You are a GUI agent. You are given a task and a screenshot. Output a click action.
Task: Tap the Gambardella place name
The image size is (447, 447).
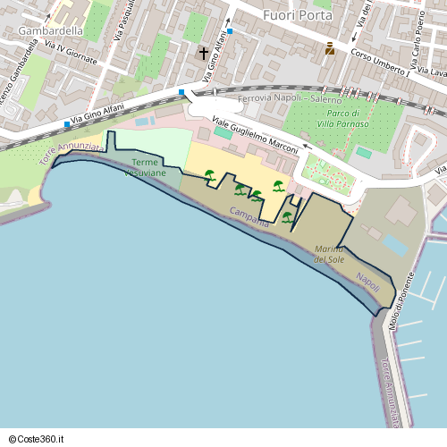[x=50, y=30]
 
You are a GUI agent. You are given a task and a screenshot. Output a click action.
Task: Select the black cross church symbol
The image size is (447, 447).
[x=203, y=55]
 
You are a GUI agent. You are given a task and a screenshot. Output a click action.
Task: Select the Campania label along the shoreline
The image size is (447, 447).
[x=249, y=216]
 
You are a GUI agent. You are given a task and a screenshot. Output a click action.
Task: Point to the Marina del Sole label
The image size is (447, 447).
[x=329, y=253]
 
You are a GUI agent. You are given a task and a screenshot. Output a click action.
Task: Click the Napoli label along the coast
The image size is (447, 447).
[x=368, y=281]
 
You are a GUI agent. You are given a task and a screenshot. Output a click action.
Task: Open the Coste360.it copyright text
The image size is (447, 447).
[x=37, y=438]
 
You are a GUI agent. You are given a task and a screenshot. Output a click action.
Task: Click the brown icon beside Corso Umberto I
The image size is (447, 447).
[x=330, y=48]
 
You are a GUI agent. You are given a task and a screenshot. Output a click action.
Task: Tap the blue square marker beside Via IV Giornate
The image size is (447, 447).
[x=66, y=123]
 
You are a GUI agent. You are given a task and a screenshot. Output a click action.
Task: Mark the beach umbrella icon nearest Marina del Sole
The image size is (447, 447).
[x=287, y=216]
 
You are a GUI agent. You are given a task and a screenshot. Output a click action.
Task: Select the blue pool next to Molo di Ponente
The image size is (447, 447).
[x=393, y=244]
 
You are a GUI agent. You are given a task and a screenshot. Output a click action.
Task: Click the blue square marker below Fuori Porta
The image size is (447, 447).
[x=230, y=30]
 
